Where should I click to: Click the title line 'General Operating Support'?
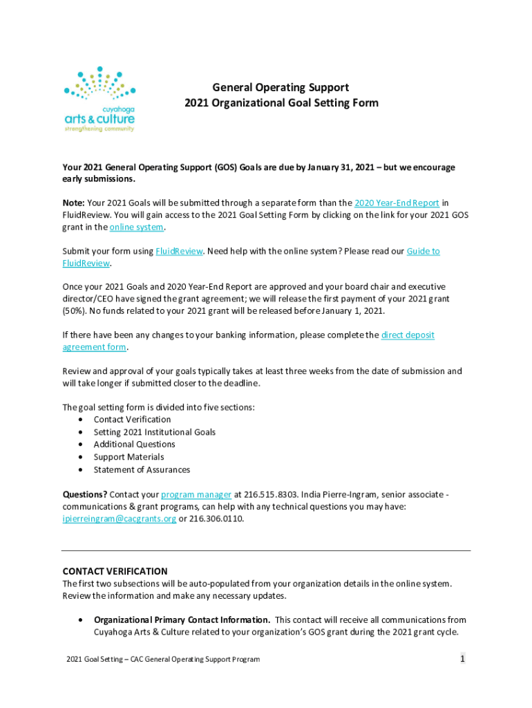tap(281, 88)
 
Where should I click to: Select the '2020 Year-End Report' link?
tap(397, 203)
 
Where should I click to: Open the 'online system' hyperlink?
tap(137, 227)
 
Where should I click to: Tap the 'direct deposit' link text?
tap(408, 335)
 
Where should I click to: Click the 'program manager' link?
tap(196, 494)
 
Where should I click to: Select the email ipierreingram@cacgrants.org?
tap(120, 519)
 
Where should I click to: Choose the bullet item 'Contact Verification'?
tap(132, 420)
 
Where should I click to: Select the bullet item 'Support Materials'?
tap(129, 457)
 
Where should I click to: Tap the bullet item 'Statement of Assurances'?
tap(142, 469)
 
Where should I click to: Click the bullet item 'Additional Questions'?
tap(134, 445)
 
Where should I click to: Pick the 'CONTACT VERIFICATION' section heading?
tap(115, 571)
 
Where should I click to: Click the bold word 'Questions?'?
tap(85, 494)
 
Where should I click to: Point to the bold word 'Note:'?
tap(74, 203)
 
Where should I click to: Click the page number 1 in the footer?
tap(462, 659)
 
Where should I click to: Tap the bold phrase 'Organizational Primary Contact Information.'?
tap(182, 619)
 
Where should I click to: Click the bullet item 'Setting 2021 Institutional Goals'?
tap(155, 432)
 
